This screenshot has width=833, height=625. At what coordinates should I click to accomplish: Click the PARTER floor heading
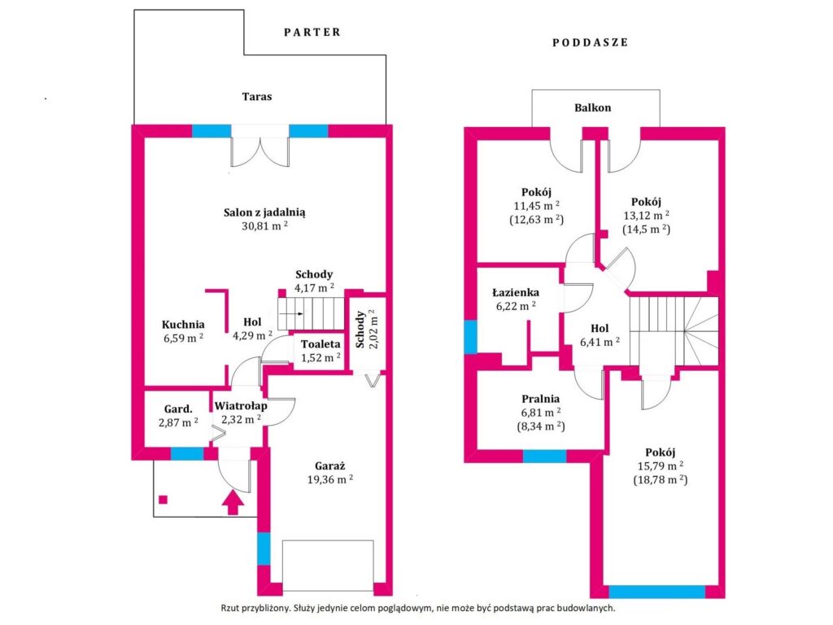(x=312, y=33)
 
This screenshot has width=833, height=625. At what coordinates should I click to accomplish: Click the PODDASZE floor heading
(x=591, y=42)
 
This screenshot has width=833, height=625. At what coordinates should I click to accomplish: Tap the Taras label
(x=257, y=97)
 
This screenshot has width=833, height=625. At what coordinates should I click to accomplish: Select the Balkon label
(x=593, y=108)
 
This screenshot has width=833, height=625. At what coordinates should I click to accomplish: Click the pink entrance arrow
(x=233, y=502)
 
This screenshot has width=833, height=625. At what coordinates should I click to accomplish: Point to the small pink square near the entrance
(x=163, y=500)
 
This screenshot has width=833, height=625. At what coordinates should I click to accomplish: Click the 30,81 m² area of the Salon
(x=264, y=226)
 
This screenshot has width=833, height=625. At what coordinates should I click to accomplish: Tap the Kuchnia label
(x=183, y=324)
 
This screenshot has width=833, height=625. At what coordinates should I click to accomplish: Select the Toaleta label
(x=321, y=344)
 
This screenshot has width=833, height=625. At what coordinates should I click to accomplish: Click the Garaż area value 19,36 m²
(x=330, y=480)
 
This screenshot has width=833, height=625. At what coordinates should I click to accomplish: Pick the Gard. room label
(x=178, y=409)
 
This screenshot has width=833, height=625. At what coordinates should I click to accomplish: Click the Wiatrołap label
(x=241, y=406)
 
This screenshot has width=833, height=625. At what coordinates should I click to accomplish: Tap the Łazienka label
(x=515, y=292)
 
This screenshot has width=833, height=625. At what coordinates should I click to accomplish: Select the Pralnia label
(x=540, y=399)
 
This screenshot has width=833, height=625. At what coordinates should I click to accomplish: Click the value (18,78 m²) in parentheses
(x=661, y=480)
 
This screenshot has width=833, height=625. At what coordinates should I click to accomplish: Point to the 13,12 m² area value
(x=646, y=216)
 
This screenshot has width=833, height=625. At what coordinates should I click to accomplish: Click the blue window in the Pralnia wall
(x=544, y=457)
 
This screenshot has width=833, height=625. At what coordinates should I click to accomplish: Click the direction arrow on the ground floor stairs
(x=291, y=313)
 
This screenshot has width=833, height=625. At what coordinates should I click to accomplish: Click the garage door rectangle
(x=328, y=566)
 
